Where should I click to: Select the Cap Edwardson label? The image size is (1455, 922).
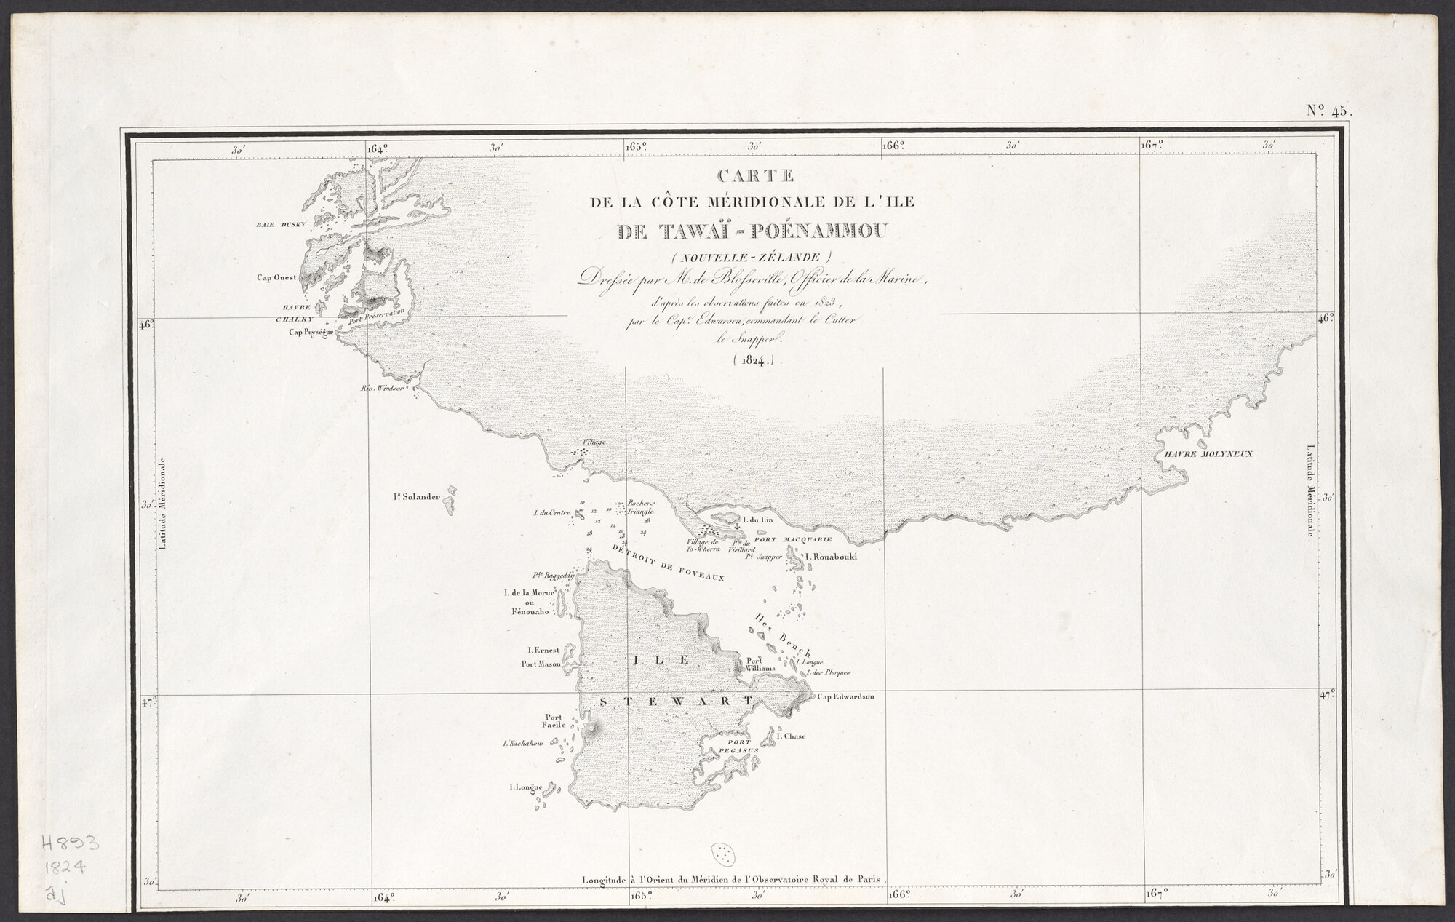tap(845, 696)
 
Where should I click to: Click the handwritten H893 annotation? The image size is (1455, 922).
tap(68, 845)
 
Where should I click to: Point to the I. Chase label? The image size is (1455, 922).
tap(791, 736)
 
